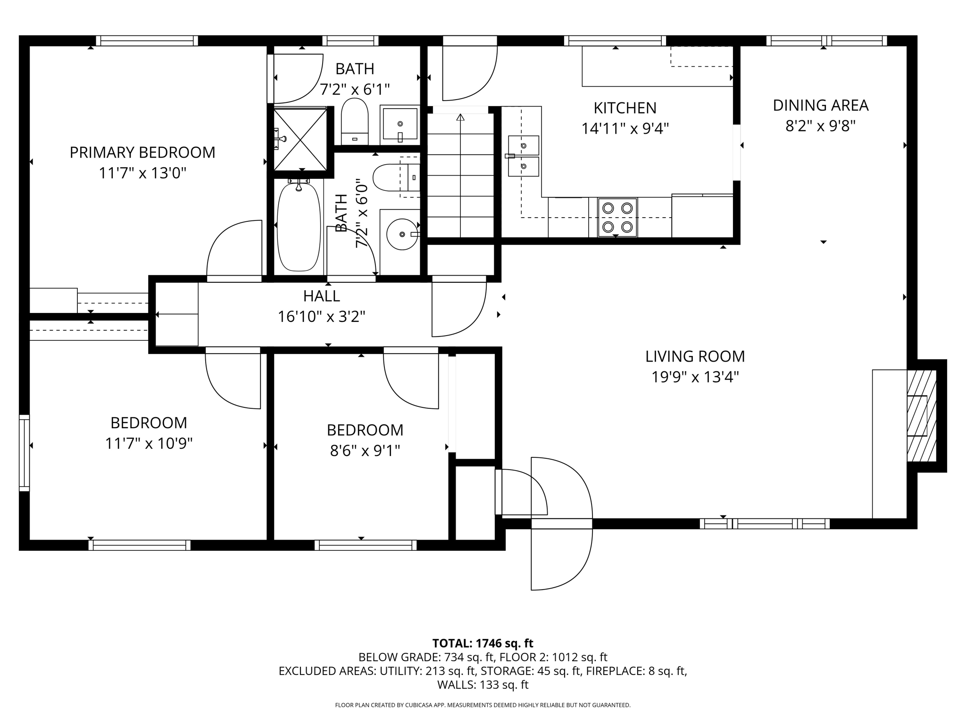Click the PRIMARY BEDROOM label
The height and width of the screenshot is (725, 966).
(142, 152)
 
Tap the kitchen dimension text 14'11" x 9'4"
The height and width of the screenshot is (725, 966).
(625, 128)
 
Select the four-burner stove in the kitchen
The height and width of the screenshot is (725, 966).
(617, 217)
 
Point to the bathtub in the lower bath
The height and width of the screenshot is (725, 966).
(299, 227)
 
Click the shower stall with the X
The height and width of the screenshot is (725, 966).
(300, 139)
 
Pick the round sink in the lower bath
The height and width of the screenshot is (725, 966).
(402, 234)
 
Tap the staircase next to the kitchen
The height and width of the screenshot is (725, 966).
(460, 175)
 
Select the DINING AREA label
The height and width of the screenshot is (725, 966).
(820, 105)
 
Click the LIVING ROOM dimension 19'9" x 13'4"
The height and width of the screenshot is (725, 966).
(695, 377)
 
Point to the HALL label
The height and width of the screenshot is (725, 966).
(322, 296)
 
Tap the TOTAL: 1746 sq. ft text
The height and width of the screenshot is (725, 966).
(483, 643)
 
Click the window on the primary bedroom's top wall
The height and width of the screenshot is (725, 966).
(147, 41)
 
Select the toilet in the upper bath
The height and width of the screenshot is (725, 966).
(355, 121)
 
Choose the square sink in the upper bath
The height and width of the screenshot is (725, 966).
(400, 124)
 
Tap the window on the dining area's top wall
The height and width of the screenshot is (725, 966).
(826, 41)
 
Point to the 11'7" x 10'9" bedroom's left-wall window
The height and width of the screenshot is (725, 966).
(24, 453)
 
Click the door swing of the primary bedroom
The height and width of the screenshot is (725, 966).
(234, 248)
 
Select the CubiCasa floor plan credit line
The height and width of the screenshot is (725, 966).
(483, 705)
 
